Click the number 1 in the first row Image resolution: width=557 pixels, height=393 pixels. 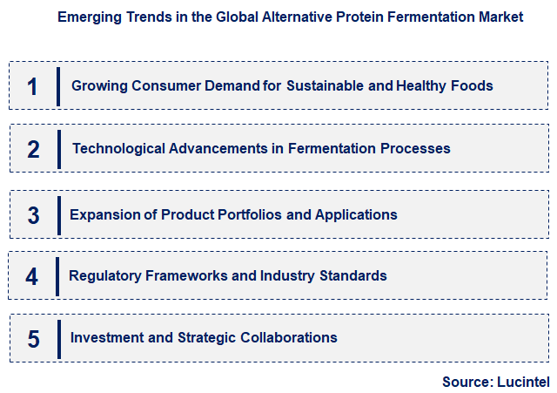[33, 86]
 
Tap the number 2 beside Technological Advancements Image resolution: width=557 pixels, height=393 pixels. [33, 149]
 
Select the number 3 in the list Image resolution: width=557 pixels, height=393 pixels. [33, 215]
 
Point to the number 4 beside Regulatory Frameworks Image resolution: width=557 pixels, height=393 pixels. [32, 277]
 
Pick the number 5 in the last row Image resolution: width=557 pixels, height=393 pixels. [33, 338]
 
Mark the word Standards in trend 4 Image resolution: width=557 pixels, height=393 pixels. [351, 275]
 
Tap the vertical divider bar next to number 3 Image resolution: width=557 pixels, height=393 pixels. [58, 215]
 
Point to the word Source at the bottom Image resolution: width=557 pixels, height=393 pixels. [467, 381]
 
